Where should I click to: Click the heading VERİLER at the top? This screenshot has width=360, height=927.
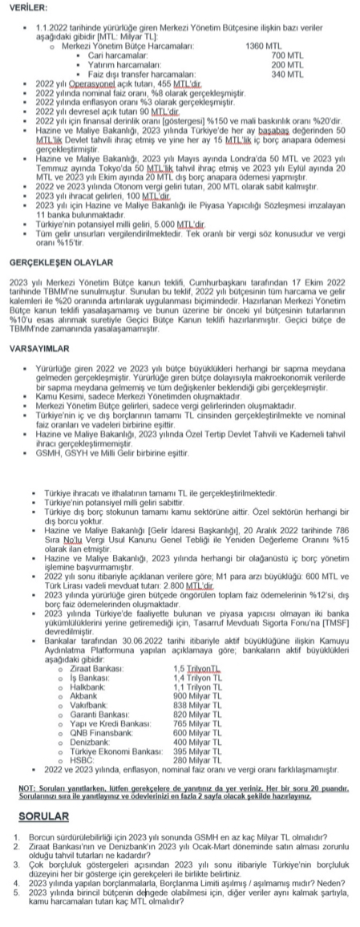coord(24,6)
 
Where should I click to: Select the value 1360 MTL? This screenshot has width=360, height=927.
coord(261,47)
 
